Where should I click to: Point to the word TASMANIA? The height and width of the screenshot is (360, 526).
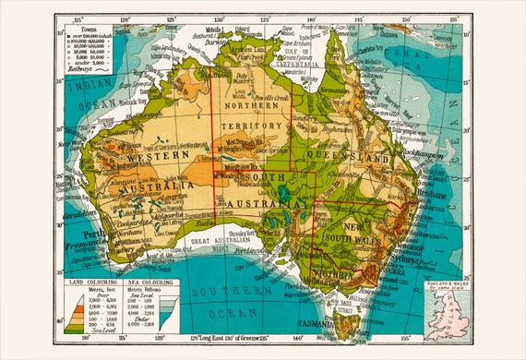318,326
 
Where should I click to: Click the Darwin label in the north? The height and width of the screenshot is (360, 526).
216,42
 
